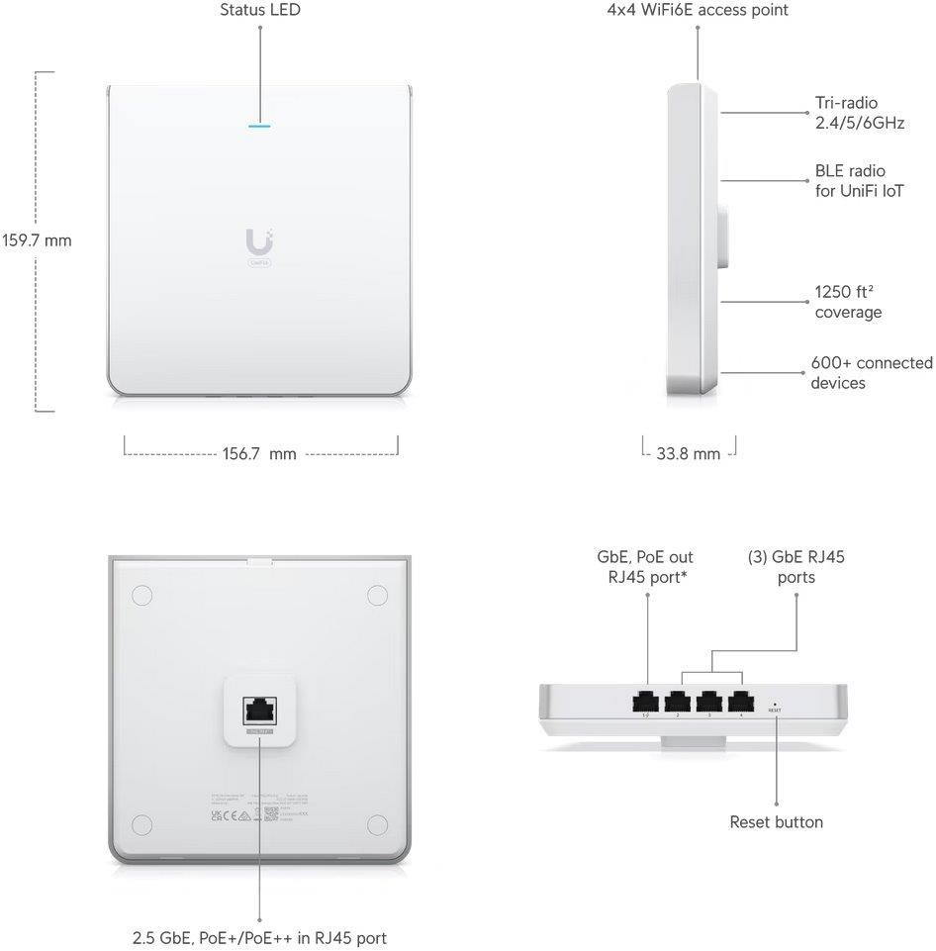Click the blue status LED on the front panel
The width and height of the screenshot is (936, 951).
(260, 126)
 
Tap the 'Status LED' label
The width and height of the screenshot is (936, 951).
(260, 10)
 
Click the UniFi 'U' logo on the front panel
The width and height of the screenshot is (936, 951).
(260, 240)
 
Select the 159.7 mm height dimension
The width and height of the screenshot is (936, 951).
(37, 240)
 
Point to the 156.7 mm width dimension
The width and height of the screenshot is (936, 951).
(260, 454)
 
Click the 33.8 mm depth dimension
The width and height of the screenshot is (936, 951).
(689, 454)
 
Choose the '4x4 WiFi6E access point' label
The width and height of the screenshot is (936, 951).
(698, 10)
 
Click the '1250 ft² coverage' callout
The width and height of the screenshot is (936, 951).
(848, 302)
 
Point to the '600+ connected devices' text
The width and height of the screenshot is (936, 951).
(871, 373)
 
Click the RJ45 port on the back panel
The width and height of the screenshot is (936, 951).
(260, 710)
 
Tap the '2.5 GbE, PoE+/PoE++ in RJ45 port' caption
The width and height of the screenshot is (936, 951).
(260, 937)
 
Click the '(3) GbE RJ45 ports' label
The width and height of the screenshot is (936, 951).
(796, 567)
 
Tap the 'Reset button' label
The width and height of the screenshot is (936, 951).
(776, 822)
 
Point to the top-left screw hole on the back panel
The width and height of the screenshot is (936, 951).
(141, 596)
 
